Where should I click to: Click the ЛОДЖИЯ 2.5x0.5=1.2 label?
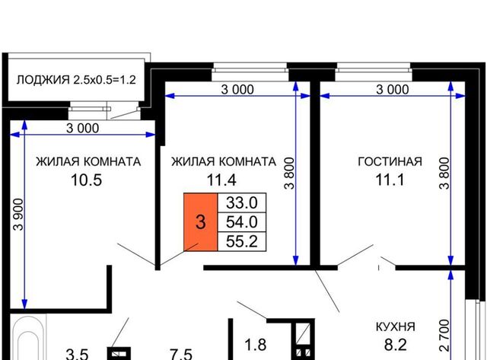76,80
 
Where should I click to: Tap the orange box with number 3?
201,222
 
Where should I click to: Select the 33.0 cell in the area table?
242,202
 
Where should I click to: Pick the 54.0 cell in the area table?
242,222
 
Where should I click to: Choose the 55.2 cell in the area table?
242,241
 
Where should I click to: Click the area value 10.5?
86,180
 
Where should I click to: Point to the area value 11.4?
221,180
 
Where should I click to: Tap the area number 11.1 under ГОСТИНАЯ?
390,180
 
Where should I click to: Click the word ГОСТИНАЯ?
390,161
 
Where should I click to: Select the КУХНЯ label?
396,327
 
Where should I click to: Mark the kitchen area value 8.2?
396,345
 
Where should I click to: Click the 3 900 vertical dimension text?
18,215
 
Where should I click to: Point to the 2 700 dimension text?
444,336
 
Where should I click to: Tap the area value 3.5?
77,354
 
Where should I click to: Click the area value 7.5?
181,354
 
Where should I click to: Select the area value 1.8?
256,345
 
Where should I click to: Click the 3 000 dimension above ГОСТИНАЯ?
393,90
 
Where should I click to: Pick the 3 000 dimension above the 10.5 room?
83,128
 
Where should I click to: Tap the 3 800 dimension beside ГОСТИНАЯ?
444,173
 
